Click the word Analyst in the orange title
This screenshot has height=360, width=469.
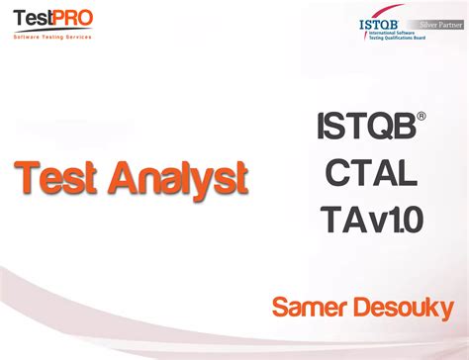(x=177, y=179)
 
